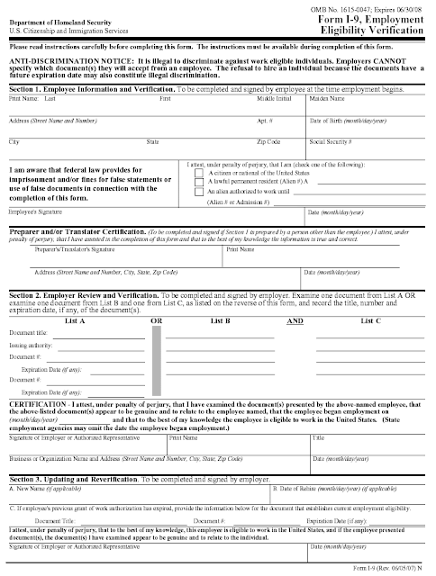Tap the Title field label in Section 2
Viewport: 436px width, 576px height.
pyautogui.click(x=318, y=438)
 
